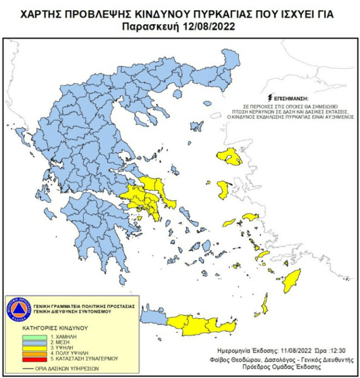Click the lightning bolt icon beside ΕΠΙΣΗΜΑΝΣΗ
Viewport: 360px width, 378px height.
click(x=269, y=97)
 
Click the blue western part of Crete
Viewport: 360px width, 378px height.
click(x=154, y=316)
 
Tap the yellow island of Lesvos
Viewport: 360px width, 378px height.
click(x=230, y=156)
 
